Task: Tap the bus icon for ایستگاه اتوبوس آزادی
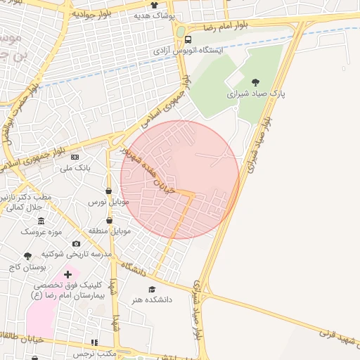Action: pos(188,40)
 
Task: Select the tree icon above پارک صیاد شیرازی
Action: pos(255,82)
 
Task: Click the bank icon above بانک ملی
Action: pos(75,156)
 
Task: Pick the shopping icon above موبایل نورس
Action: pos(108,191)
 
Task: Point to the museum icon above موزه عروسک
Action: pos(41,221)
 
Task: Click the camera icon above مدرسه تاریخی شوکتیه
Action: pos(76,243)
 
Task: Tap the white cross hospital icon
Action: pos(67,274)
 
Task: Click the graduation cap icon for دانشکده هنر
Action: pos(150,289)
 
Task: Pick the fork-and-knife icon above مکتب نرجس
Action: pos(95,342)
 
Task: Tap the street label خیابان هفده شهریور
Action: pos(150,169)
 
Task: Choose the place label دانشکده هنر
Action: pos(151,300)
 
